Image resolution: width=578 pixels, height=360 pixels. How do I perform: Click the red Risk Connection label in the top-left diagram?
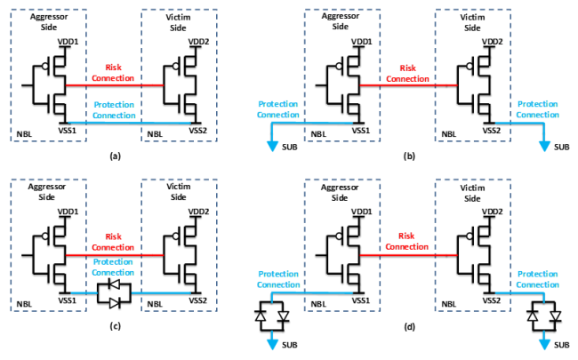pos(114,73)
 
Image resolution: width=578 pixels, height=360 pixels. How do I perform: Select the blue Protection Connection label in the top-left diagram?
pos(114,110)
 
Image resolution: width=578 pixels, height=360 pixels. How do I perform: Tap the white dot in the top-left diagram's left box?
pos(45,66)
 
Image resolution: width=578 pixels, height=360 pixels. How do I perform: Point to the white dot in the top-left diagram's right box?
pos(175,66)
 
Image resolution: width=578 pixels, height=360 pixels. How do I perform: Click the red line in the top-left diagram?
pos(114,85)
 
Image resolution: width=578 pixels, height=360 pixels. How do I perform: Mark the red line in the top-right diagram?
pos(408,85)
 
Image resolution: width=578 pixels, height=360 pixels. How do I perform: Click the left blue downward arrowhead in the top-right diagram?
pos(272,147)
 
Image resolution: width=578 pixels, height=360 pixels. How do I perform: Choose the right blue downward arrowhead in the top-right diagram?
pos(544,147)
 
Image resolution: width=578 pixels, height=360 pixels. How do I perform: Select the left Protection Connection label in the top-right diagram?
pos(277,109)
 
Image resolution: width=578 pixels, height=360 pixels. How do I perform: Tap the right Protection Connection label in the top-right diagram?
pos(538,109)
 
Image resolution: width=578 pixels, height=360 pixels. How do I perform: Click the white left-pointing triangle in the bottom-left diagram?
pos(115,284)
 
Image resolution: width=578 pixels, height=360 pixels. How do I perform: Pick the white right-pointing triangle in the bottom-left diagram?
pos(114,303)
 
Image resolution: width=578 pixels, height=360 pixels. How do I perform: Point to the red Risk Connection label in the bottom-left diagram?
pos(114,242)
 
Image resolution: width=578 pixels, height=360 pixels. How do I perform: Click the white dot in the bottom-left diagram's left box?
pos(45,236)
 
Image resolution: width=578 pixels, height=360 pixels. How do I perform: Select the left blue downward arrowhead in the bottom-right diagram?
pos(272,345)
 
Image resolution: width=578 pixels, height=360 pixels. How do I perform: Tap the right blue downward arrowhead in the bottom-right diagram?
pos(544,345)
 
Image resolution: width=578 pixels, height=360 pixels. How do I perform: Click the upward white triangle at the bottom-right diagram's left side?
pos(261,316)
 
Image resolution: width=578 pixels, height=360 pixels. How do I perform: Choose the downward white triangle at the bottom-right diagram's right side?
pos(556,316)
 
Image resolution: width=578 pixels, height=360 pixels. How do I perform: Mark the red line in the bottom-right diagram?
pos(408,255)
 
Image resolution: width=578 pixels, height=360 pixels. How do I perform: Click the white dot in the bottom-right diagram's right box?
pos(470,236)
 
